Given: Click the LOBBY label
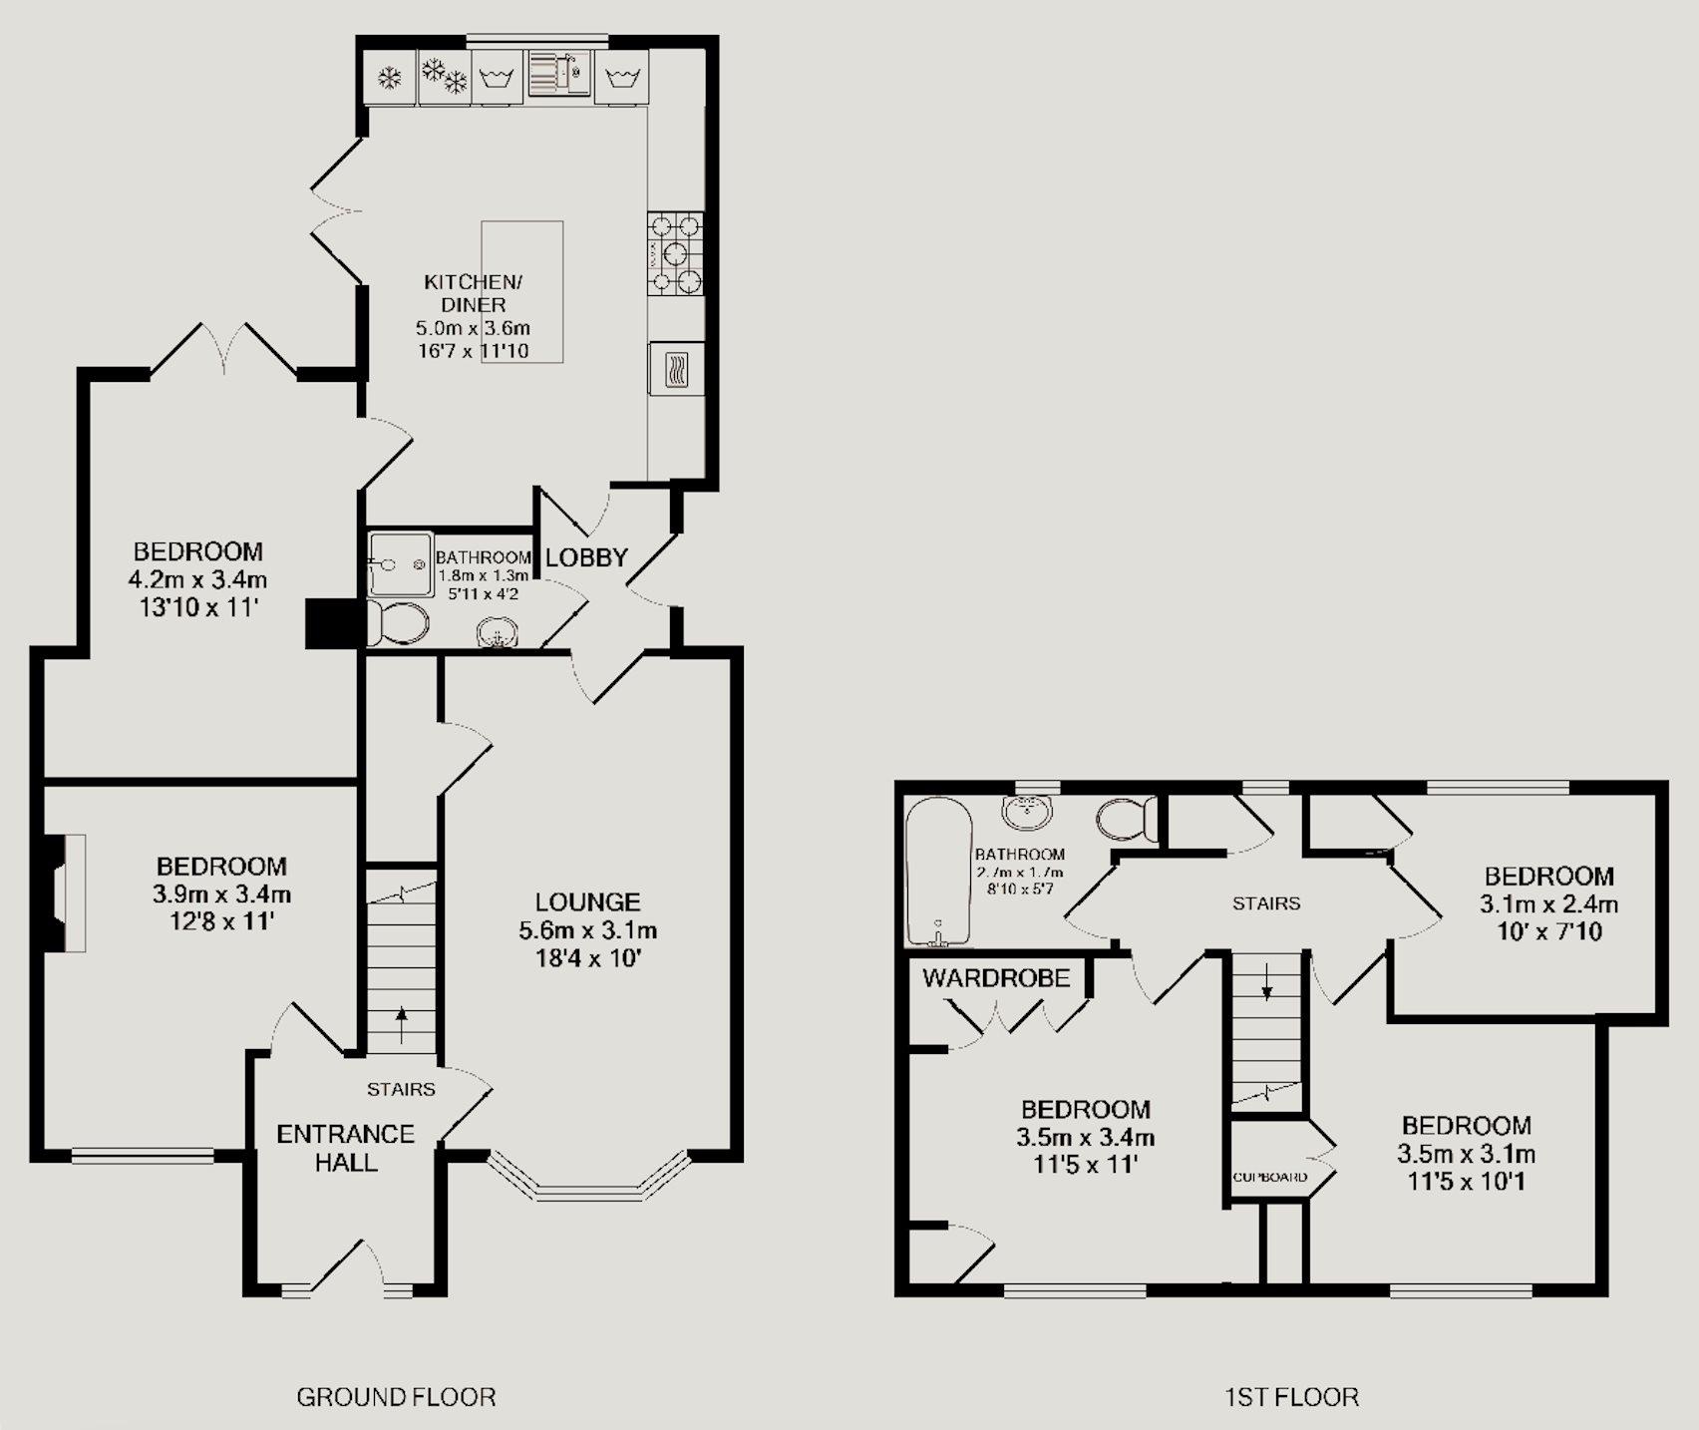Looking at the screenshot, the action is click(586, 557).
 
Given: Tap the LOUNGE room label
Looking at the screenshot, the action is click(587, 902).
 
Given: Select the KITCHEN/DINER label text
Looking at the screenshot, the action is click(474, 293).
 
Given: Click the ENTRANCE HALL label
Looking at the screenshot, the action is click(345, 1148).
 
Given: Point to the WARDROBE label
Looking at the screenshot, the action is click(996, 977).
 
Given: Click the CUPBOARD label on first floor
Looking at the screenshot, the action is click(1270, 1177).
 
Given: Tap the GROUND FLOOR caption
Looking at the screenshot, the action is click(396, 1397).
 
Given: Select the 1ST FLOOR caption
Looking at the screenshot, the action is click(1291, 1397).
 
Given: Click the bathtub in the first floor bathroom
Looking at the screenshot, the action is click(937, 872).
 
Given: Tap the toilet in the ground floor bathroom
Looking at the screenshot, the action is click(397, 623).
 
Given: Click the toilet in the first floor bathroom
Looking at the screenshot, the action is click(1127, 820).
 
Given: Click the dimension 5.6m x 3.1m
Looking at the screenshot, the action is click(587, 931).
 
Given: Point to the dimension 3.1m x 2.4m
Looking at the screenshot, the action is click(1548, 905).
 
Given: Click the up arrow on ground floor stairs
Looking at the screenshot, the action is click(402, 1024).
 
